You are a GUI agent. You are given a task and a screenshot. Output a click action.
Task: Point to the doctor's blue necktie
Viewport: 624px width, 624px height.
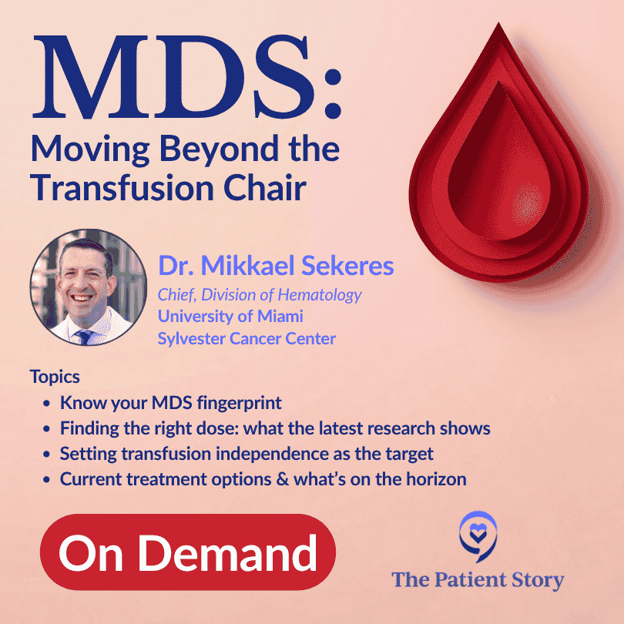click(x=85, y=336)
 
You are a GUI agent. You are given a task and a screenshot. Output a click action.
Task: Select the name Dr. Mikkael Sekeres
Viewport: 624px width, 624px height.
click(x=276, y=267)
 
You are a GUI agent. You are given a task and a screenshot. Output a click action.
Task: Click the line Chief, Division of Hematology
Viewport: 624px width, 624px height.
click(x=260, y=294)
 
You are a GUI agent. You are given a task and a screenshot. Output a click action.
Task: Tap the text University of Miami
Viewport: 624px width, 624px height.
click(x=230, y=316)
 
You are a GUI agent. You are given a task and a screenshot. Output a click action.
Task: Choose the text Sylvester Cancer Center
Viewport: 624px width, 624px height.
click(x=247, y=338)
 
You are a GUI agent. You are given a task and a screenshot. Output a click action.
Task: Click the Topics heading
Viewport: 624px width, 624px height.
click(x=55, y=377)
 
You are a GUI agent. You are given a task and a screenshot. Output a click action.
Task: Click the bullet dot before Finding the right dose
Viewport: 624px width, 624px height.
click(x=49, y=429)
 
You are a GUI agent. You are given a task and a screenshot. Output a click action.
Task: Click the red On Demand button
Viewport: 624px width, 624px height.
click(x=188, y=552)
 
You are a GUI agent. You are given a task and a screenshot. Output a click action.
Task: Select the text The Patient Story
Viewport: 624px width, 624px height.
click(x=478, y=579)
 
